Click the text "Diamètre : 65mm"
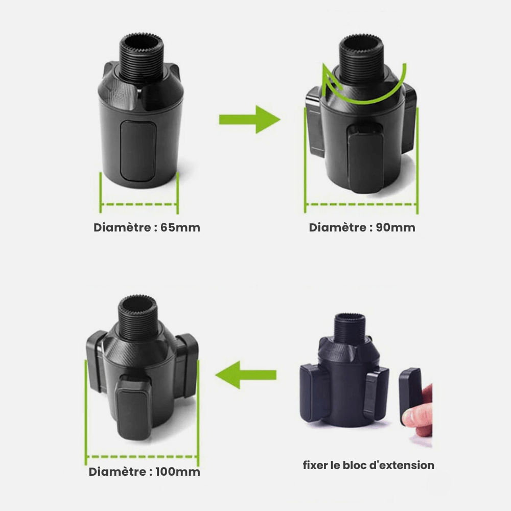pos(147,227)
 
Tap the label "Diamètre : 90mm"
pos(362,227)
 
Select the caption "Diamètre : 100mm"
pos(144,472)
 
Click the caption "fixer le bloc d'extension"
pos(368,465)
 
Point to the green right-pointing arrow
pos(249,120)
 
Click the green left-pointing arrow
pos(246,376)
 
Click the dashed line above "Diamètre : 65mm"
pos(139,205)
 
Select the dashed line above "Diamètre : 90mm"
pos(361,204)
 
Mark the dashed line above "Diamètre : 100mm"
pos(142,457)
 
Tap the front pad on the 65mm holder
pos(136,151)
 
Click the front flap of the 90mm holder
pos(365,158)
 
